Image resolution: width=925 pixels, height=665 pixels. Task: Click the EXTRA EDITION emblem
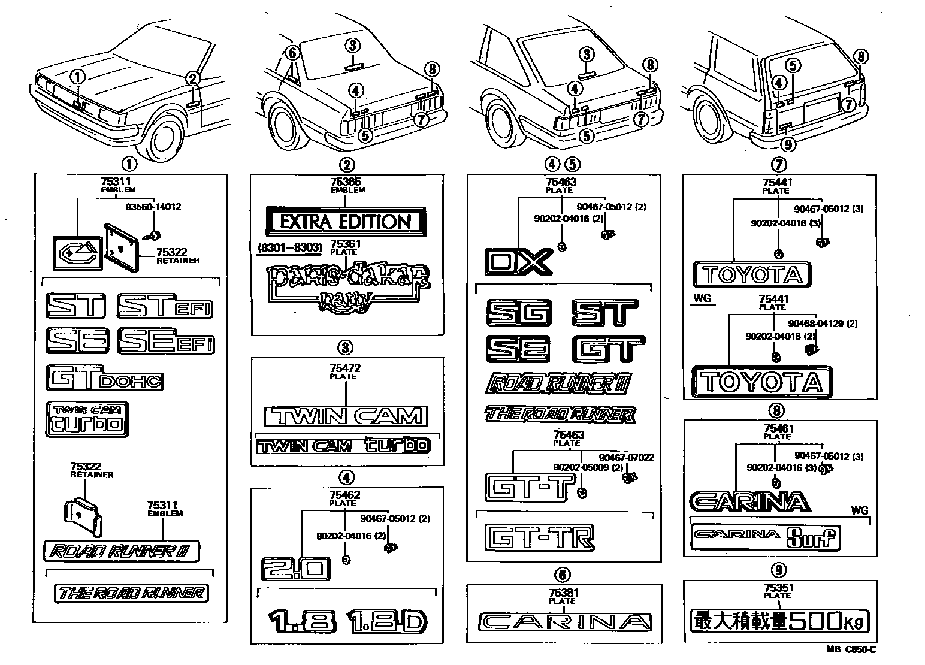tap(346, 222)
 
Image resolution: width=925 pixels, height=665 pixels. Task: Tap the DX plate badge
tap(518, 261)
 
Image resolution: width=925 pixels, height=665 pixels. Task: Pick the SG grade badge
tap(519, 313)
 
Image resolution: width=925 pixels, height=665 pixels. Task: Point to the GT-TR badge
tap(539, 537)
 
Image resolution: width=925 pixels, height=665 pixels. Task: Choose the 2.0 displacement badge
tap(295, 569)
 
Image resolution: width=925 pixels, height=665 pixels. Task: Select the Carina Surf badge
tap(766, 537)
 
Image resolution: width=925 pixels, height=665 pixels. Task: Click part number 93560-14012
tap(153, 207)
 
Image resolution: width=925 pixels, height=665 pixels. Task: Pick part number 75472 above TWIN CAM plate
tap(346, 368)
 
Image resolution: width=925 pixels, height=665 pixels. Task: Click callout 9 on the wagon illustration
tap(788, 144)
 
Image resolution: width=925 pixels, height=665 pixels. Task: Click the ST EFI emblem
tap(165, 306)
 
